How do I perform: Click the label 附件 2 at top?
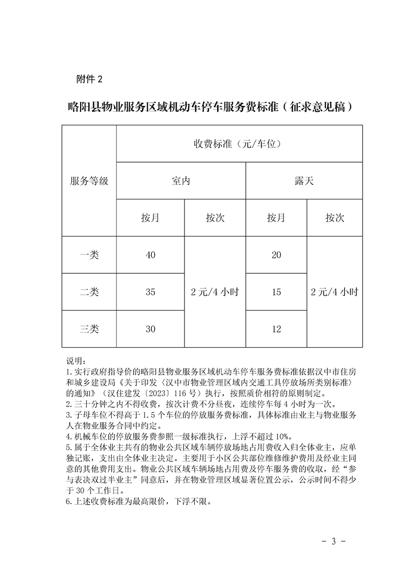pos(89,79)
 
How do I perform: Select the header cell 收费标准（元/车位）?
pos(240,143)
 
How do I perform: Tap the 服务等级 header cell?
pos(89,181)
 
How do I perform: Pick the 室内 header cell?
pos(181,181)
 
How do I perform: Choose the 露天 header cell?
pos(304,181)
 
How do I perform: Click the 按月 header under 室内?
pos(150,218)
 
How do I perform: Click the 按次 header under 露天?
pos(335,218)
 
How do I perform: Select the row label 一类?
pos(89,255)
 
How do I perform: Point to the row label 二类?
pos(89,292)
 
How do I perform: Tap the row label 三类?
pos(89,329)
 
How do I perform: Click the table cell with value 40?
pos(150,255)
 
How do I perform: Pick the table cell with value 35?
pos(150,292)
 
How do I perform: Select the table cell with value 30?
pos(150,329)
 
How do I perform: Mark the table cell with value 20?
pos(276,255)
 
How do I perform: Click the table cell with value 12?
pos(276,329)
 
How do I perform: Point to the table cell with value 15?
pos(276,292)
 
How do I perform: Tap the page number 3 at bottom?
pos(334,541)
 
